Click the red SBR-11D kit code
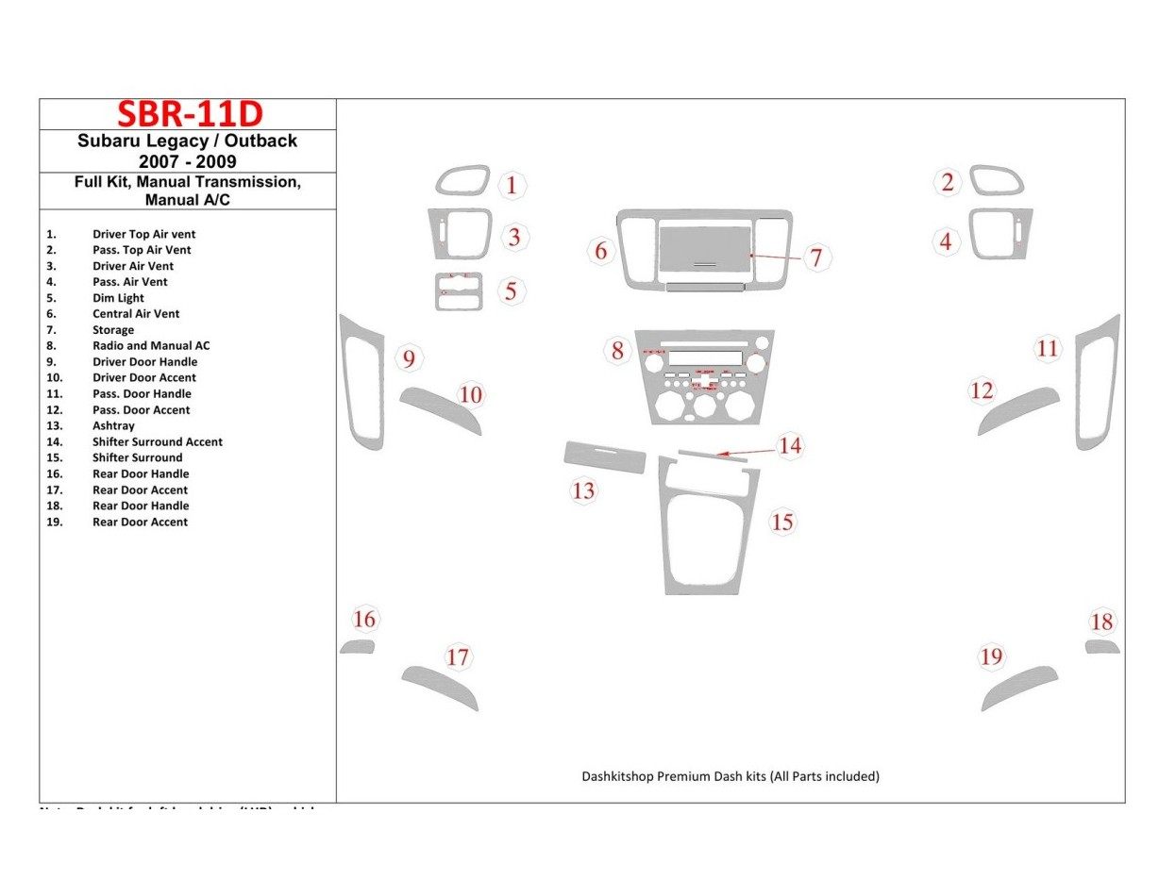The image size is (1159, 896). tap(189, 114)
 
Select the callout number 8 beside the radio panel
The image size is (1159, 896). tap(617, 352)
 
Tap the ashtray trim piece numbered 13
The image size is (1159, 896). tap(605, 456)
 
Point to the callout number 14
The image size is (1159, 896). tap(790, 445)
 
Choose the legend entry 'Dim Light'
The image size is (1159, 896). tap(118, 298)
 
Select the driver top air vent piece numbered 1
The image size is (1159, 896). tap(462, 180)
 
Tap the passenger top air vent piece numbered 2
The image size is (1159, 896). tap(997, 180)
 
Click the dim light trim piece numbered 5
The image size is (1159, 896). tap(459, 291)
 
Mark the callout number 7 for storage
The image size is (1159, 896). tap(816, 257)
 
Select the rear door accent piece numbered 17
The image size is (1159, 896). tap(440, 688)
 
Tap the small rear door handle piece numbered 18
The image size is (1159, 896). tap(1101, 647)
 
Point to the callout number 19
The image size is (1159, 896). tap(991, 656)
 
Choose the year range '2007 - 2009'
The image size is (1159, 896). tap(188, 161)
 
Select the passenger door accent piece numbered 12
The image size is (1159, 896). tap(1018, 408)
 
